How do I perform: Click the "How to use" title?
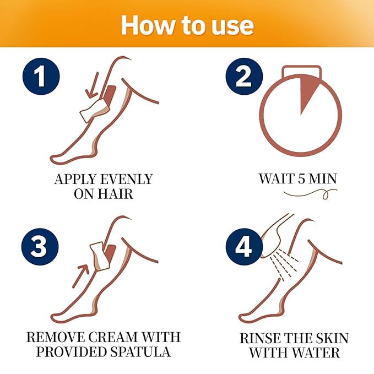pyautogui.click(x=187, y=25)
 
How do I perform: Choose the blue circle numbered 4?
pyautogui.click(x=243, y=247)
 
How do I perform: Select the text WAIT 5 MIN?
pyautogui.click(x=298, y=179)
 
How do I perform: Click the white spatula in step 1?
pyautogui.click(x=92, y=109)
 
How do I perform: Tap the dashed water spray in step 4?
pyautogui.click(x=286, y=263)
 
